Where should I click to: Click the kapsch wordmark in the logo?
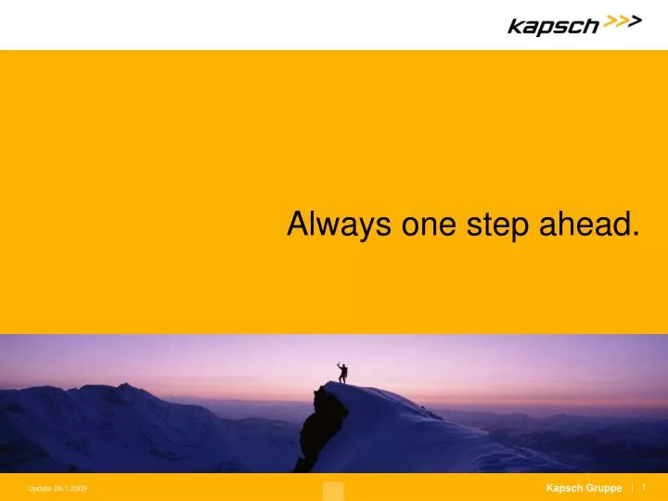(x=553, y=26)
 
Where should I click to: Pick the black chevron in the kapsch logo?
(x=635, y=23)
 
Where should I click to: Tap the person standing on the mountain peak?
(x=342, y=372)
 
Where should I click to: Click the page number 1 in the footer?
(x=643, y=487)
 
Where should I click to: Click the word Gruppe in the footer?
(x=604, y=488)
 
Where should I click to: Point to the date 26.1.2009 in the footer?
(x=71, y=489)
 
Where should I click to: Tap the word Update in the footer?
(x=40, y=489)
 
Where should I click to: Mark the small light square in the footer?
(x=333, y=491)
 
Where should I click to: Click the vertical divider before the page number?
(x=632, y=488)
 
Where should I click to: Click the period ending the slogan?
(x=636, y=234)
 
